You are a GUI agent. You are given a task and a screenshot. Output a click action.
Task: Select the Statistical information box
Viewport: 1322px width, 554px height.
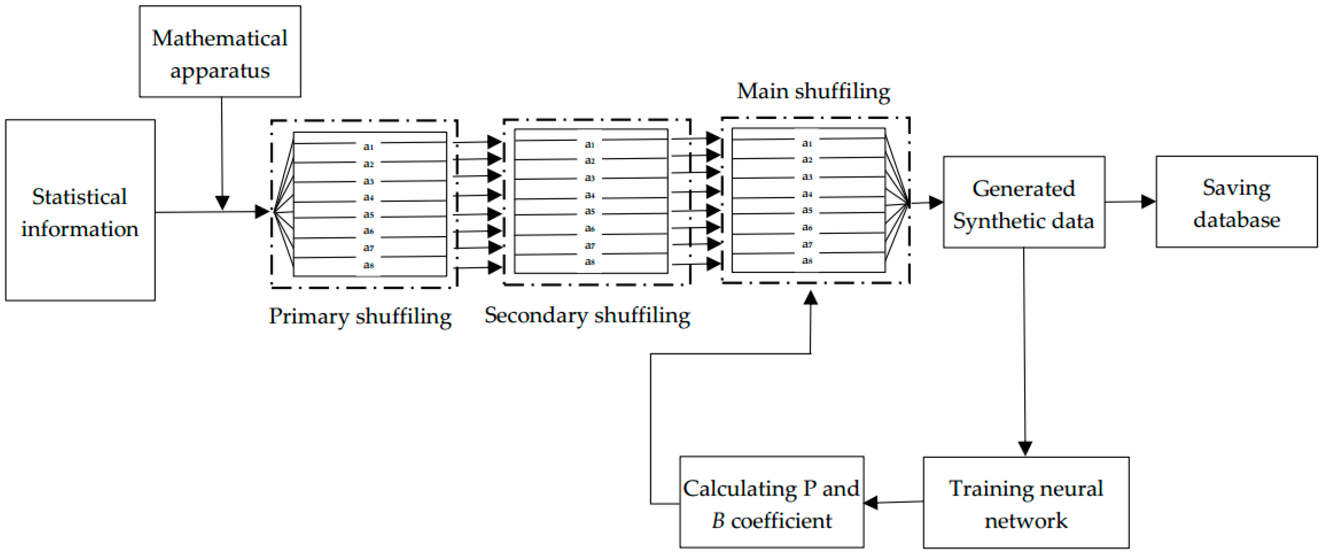[x=80, y=211]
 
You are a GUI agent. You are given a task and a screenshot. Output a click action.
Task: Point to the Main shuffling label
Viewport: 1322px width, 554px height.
[x=813, y=91]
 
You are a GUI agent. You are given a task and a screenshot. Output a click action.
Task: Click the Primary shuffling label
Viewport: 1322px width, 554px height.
[x=360, y=316]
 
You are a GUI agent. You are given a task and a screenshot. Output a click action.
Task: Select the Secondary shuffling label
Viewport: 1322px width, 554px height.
[x=587, y=315]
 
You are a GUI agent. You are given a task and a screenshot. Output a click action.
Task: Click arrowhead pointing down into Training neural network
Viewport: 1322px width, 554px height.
[x=1025, y=448]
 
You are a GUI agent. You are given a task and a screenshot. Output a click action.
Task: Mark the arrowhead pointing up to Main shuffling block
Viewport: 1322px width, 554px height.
[x=810, y=298]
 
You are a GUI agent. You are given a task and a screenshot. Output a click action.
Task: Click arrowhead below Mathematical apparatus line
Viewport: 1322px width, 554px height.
[x=222, y=203]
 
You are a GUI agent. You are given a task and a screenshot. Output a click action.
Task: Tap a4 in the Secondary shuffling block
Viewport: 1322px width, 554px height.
[x=590, y=195]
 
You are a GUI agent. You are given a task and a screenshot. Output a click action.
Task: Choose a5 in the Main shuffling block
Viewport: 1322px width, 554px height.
[x=807, y=210]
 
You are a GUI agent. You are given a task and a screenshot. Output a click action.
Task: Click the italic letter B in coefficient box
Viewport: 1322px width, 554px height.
[x=718, y=520]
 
